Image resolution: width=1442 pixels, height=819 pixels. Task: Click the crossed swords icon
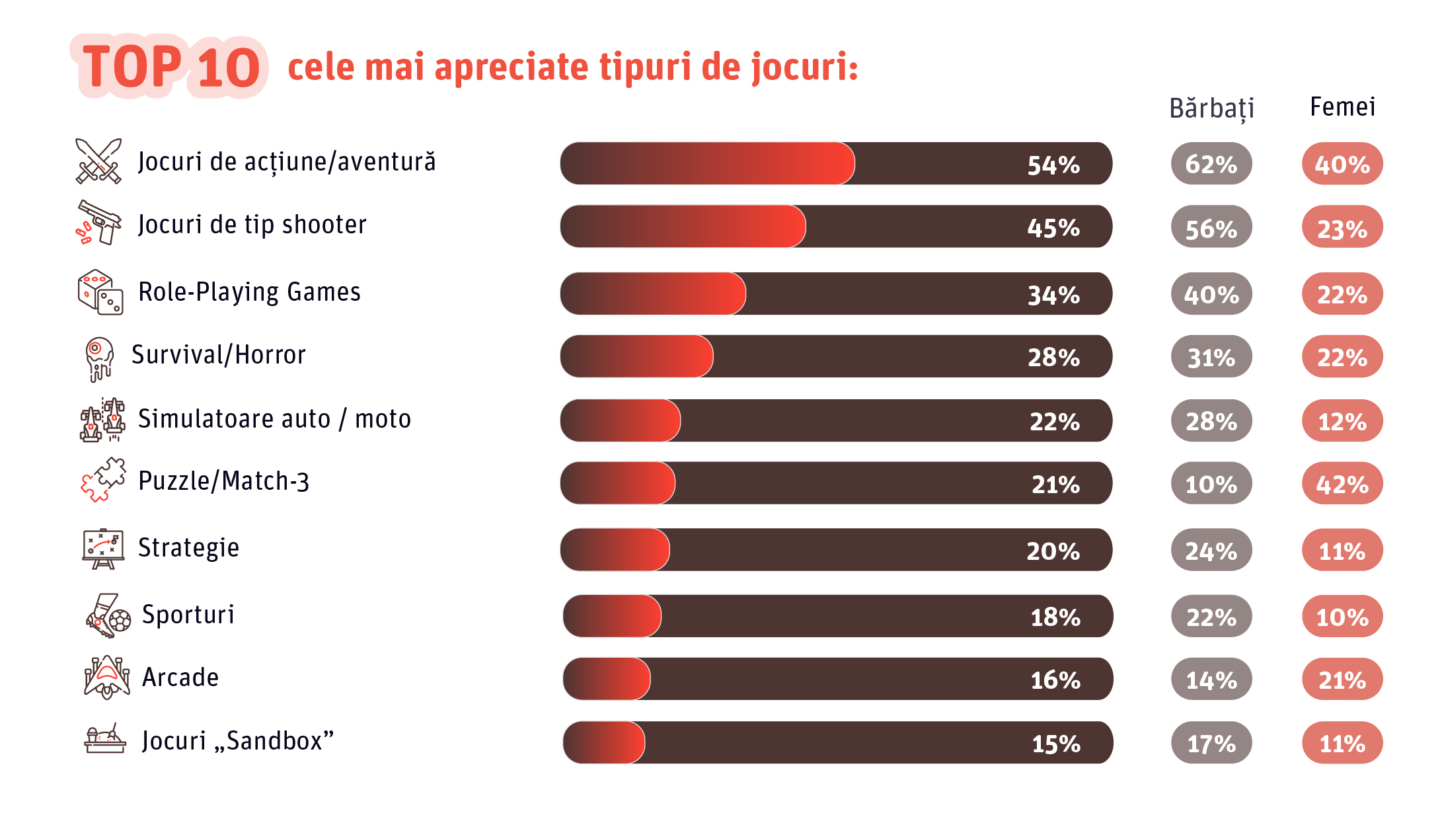tap(98, 161)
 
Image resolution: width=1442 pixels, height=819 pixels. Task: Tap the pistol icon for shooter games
tap(99, 223)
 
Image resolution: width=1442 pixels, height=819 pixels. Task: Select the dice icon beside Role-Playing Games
tap(100, 292)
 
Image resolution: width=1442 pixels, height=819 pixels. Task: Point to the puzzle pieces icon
tap(103, 480)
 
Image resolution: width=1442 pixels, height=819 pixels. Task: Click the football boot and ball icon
tap(108, 615)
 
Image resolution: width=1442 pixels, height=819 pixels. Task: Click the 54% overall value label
tap(1053, 165)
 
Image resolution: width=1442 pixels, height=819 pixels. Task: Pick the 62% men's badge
tap(1211, 164)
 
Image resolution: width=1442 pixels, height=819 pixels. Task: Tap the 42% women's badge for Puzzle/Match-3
tap(1342, 484)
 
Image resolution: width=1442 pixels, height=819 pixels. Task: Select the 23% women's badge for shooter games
tap(1342, 228)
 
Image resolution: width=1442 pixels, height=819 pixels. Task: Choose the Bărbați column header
tap(1211, 108)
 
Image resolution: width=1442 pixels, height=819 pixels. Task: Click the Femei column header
tap(1342, 107)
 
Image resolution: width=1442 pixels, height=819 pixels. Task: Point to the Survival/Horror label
tap(219, 355)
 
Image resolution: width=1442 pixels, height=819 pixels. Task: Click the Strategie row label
tap(188, 548)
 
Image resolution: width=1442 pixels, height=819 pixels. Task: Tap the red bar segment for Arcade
tap(607, 679)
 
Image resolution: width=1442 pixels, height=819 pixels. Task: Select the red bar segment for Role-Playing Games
tap(653, 293)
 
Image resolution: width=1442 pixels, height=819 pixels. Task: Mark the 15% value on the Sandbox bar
tap(1055, 744)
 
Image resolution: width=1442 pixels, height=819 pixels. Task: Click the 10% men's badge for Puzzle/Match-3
tap(1211, 484)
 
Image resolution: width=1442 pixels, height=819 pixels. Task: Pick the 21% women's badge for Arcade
tap(1342, 680)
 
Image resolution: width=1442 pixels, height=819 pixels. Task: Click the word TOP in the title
tap(132, 67)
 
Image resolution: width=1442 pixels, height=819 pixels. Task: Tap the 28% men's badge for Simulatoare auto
tap(1211, 421)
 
